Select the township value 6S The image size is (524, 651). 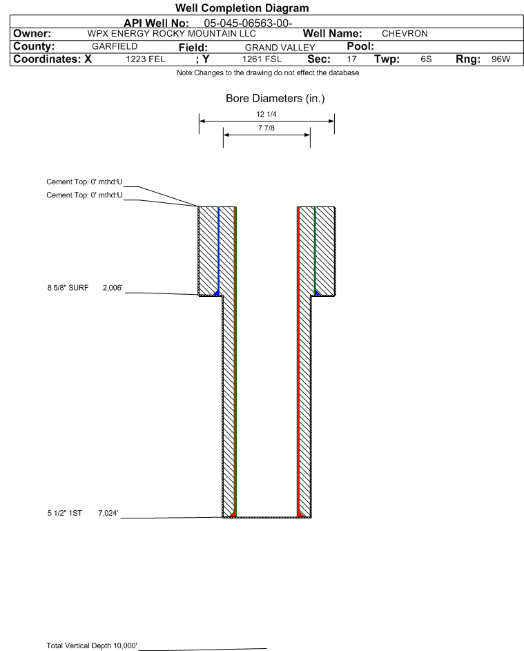coord(426,59)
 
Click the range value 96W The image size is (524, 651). coord(500,59)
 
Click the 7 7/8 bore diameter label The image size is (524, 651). coord(266,128)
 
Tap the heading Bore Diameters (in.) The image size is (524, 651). coord(275,99)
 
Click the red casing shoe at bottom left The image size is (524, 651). coord(233,514)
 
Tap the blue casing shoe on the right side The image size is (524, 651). coord(317,293)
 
